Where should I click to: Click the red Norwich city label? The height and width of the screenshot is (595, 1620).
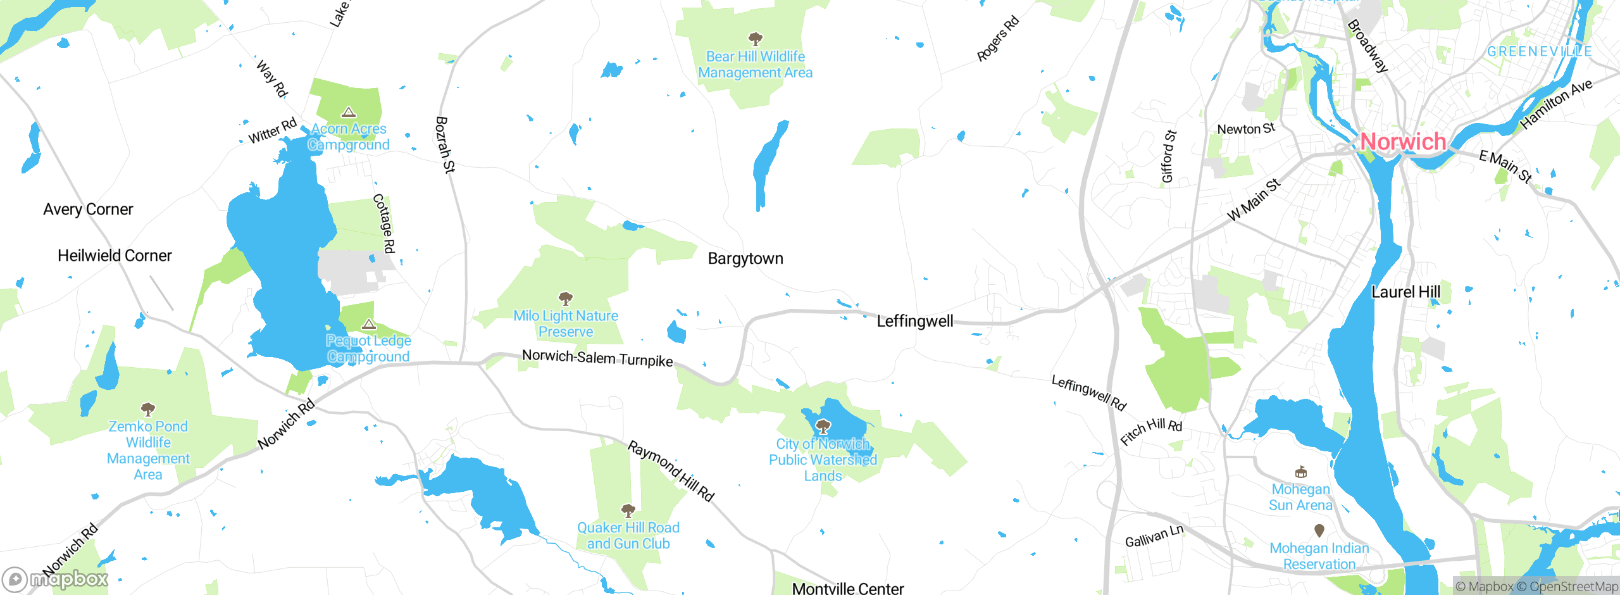(x=1403, y=142)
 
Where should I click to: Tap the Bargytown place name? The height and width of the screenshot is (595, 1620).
(x=745, y=258)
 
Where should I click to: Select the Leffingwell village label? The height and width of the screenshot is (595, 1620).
(x=914, y=322)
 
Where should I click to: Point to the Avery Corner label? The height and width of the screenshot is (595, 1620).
(x=88, y=210)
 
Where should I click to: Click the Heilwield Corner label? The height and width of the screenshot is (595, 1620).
(x=115, y=256)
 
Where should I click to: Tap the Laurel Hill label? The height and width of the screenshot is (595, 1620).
(x=1405, y=292)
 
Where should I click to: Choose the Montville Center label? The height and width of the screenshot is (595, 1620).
(x=847, y=588)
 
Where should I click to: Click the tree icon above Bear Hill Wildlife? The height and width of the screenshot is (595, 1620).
(x=755, y=39)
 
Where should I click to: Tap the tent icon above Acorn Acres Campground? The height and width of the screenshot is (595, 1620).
(x=348, y=113)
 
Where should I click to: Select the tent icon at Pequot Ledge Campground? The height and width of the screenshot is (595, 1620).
(x=369, y=325)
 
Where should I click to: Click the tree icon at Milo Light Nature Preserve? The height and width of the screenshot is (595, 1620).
(x=566, y=298)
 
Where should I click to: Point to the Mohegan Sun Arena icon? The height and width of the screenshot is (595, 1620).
(x=1300, y=472)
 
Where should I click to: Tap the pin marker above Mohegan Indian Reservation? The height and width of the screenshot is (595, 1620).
(x=1319, y=530)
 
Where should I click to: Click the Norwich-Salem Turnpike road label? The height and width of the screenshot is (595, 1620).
(x=597, y=358)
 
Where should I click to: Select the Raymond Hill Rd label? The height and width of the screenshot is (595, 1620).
(x=670, y=472)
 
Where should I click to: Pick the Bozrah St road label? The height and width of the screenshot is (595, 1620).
(x=445, y=144)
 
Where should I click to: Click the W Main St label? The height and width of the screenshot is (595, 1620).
(x=1254, y=200)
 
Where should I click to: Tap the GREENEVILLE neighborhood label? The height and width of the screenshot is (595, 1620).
(x=1539, y=51)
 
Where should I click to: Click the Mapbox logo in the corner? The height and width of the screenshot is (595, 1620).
(x=56, y=579)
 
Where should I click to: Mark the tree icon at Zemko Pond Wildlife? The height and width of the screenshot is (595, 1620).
(x=147, y=409)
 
